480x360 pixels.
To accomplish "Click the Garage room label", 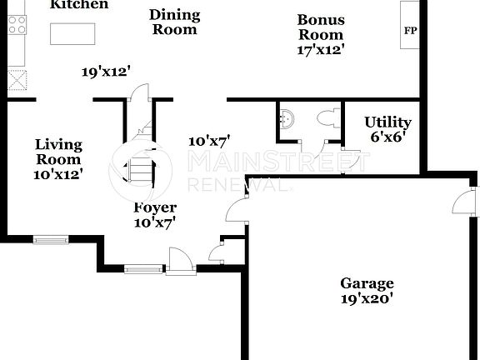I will [x=367, y=283].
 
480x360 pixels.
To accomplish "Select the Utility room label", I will [x=387, y=123].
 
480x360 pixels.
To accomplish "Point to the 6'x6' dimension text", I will [x=387, y=137].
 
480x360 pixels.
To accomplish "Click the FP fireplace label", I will [x=410, y=31].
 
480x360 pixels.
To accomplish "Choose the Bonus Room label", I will [x=321, y=27].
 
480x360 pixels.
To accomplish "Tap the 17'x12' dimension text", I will [x=321, y=49].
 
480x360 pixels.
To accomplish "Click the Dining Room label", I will [x=175, y=22].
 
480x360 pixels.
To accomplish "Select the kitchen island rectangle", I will [x=73, y=34].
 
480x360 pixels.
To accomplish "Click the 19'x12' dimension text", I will [x=107, y=72].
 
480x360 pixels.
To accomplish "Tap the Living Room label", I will [x=58, y=152].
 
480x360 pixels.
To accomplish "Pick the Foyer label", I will [x=155, y=208].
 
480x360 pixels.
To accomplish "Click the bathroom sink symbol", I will [x=288, y=119].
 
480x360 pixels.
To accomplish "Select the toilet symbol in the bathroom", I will [x=328, y=118].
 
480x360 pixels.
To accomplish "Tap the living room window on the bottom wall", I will [x=52, y=240].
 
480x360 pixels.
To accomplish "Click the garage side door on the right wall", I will [x=461, y=202].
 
